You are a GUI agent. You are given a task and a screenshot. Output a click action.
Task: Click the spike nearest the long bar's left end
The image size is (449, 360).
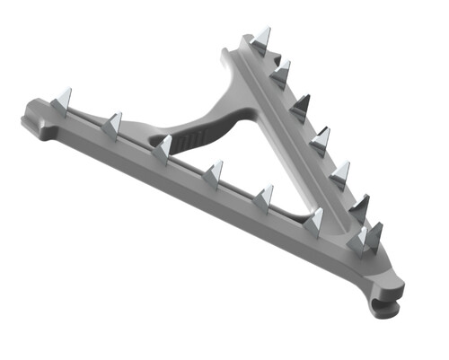[63, 100]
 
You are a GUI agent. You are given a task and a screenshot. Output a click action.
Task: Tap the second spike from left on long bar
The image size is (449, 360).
[113, 125]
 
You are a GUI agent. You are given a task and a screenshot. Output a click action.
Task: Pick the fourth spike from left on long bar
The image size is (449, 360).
[214, 172]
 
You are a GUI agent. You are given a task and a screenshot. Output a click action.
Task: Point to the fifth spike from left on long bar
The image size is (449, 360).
[264, 197]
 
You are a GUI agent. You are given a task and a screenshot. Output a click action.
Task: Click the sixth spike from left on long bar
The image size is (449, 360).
[314, 220]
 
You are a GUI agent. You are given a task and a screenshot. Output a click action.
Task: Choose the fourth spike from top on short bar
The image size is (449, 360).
[321, 139]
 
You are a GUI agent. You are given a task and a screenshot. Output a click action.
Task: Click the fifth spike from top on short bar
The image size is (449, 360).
[340, 171]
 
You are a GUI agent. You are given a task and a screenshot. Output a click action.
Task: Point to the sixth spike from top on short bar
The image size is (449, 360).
[359, 207]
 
